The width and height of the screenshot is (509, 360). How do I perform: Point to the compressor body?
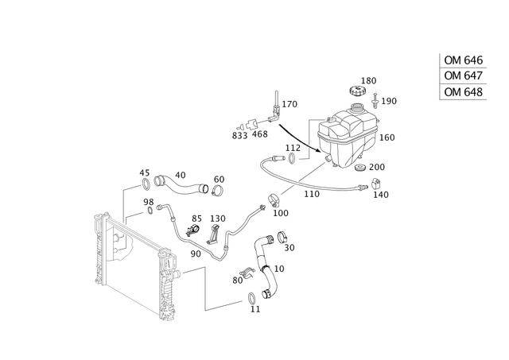coord(350,135)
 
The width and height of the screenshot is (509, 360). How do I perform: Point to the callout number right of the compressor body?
coord(390,137)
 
